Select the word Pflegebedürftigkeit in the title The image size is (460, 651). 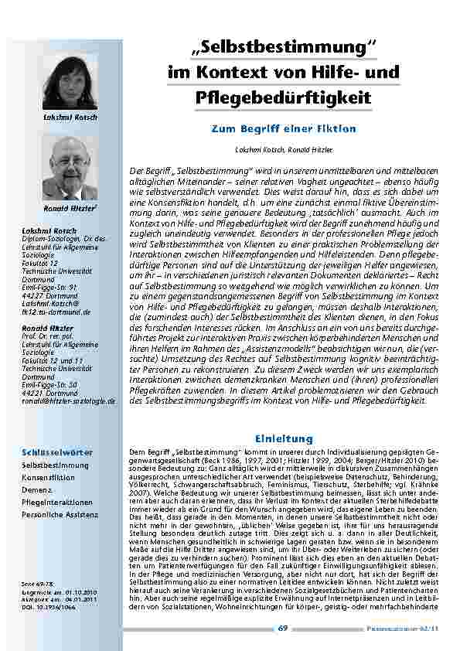[x=284, y=98]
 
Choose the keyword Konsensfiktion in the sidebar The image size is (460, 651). [x=48, y=478]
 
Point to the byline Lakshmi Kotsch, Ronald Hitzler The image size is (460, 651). [x=283, y=147]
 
